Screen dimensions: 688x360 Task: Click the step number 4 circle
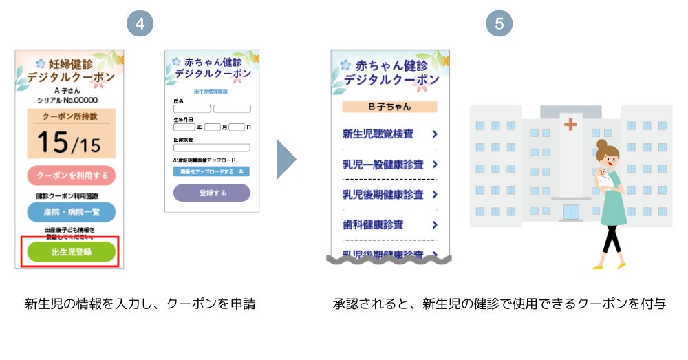pos(140,23)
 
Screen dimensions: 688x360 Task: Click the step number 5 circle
pos(499,23)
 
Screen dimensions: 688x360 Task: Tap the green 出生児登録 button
pos(71,252)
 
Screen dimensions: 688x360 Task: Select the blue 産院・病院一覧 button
pos(71,212)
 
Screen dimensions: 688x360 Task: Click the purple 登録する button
pos(212,193)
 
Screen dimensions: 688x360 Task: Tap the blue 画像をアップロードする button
pos(211,171)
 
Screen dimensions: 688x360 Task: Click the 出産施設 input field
pos(211,147)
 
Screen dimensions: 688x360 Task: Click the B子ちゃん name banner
pos(389,107)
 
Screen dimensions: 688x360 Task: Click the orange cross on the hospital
pos(570,125)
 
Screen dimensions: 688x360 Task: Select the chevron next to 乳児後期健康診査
pos(435,195)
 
